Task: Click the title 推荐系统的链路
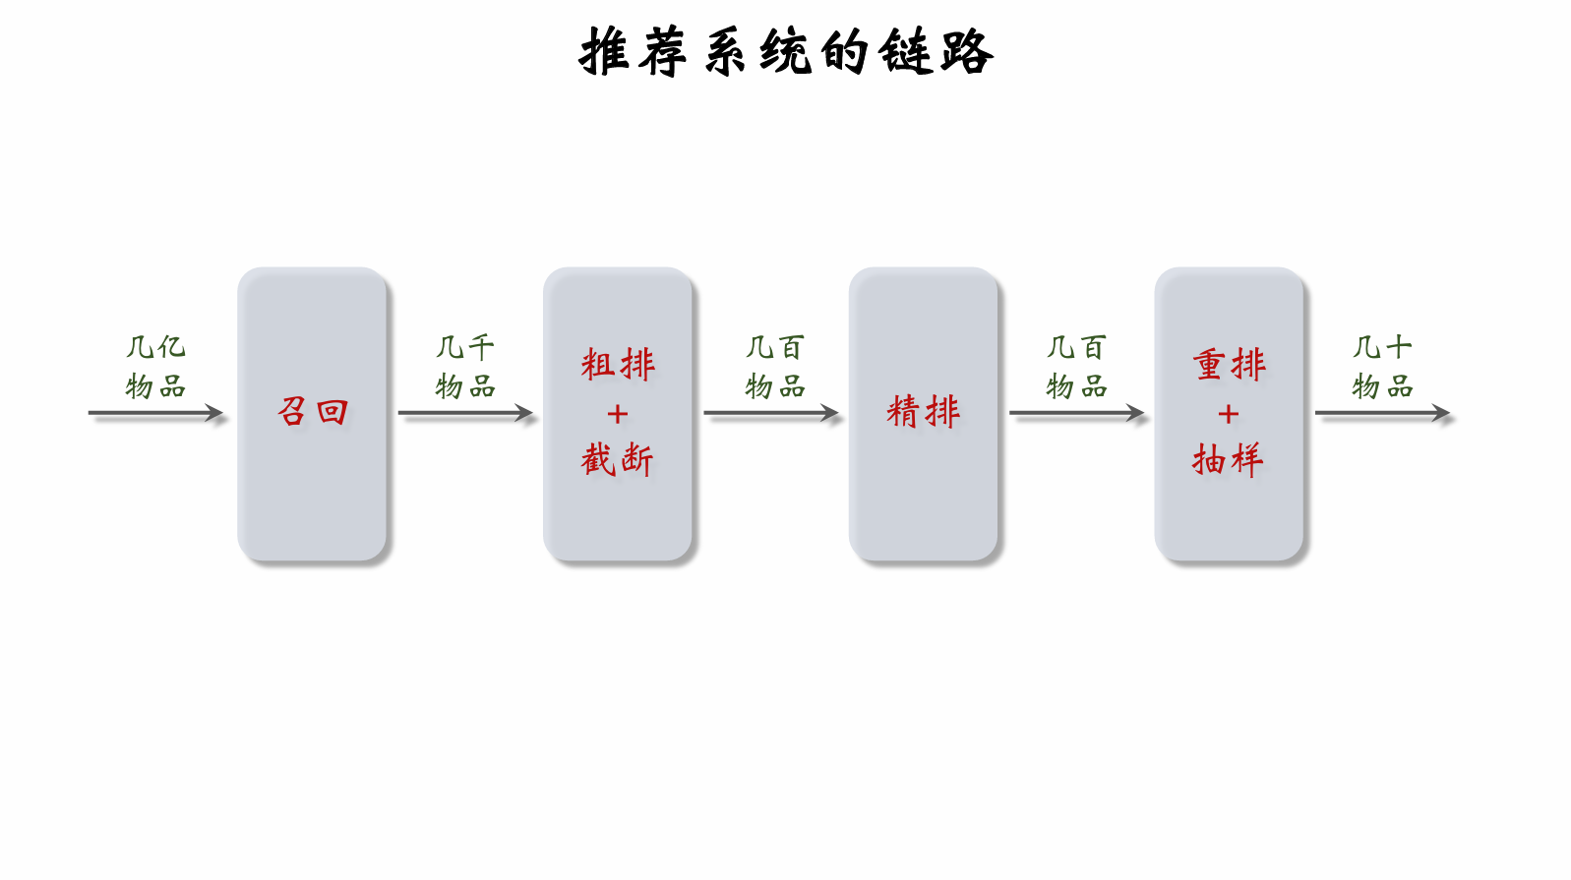coord(785,52)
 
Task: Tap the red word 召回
coord(313,411)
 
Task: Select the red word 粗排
coord(618,364)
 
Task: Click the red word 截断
coord(618,459)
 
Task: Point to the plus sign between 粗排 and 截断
coord(618,414)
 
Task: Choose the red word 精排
coord(923,411)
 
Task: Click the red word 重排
coord(1229,364)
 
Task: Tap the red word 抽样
coord(1229,459)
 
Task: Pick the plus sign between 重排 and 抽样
coord(1229,414)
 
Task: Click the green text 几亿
coord(155,347)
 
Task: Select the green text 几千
coord(465,347)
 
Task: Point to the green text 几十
coord(1382,347)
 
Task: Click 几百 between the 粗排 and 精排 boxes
coord(775,347)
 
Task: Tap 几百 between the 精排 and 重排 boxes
coord(1076,347)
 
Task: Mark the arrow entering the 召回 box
coord(155,413)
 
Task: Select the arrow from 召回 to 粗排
coord(465,413)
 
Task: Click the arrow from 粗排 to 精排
coord(771,413)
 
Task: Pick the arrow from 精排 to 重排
coord(1076,413)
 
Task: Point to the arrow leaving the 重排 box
coord(1382,413)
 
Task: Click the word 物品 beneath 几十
coord(1382,386)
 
